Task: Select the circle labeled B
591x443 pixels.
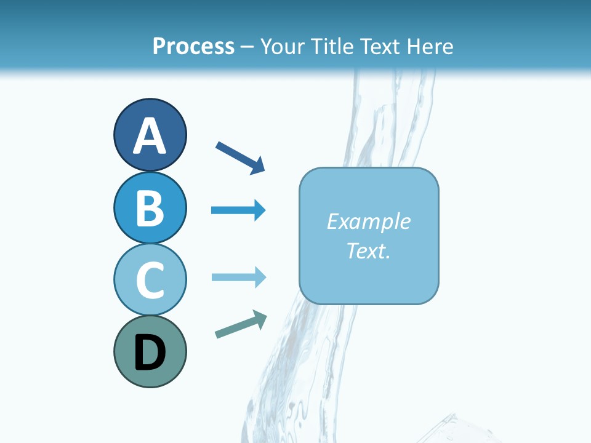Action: pos(150,207)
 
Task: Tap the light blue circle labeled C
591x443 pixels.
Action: pos(150,279)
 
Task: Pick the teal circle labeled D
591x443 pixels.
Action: pos(150,351)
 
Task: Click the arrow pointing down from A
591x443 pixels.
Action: pos(240,158)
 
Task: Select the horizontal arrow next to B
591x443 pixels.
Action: pos(238,210)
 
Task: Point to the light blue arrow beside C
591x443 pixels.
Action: pos(238,277)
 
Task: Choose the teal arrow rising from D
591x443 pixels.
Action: pos(241,324)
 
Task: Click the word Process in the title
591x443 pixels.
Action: pos(193,46)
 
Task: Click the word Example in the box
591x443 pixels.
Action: pos(368,221)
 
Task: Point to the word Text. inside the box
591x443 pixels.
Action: pos(368,250)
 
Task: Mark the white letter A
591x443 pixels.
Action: pos(150,136)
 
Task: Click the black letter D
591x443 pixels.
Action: pos(150,353)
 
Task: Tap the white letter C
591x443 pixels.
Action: pos(150,281)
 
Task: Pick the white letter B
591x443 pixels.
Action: pos(150,209)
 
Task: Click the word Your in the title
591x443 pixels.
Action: pos(281,46)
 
